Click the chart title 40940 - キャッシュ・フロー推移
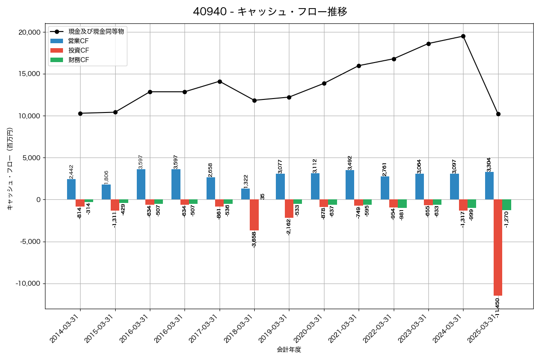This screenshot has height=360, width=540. [x=270, y=12]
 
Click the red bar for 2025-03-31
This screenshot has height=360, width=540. [x=498, y=247]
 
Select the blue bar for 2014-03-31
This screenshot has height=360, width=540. [x=71, y=189]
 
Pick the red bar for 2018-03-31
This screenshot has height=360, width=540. [x=254, y=215]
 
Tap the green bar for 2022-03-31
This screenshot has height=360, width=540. [x=402, y=203]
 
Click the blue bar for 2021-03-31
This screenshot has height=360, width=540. [x=350, y=185]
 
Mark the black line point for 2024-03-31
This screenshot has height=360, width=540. [x=463, y=36]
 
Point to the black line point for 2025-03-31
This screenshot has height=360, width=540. [x=498, y=114]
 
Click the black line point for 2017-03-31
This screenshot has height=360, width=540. [x=220, y=81]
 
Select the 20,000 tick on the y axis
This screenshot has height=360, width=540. [x=29, y=32]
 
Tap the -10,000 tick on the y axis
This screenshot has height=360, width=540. [x=27, y=283]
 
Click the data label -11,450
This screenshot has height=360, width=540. [x=497, y=307]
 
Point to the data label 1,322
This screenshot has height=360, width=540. [x=246, y=182]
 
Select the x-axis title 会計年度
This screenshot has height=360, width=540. [x=289, y=350]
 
